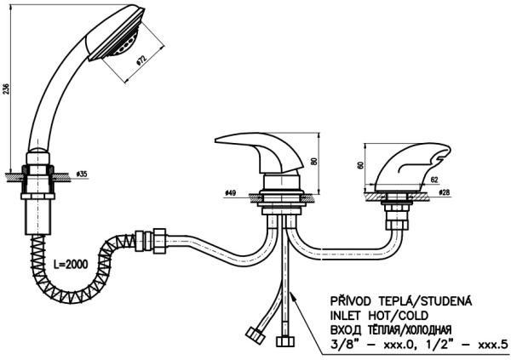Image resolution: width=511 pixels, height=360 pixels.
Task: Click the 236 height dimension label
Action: (x=8, y=91)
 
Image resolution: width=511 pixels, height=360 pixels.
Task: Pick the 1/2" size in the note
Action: (x=428, y=345)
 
